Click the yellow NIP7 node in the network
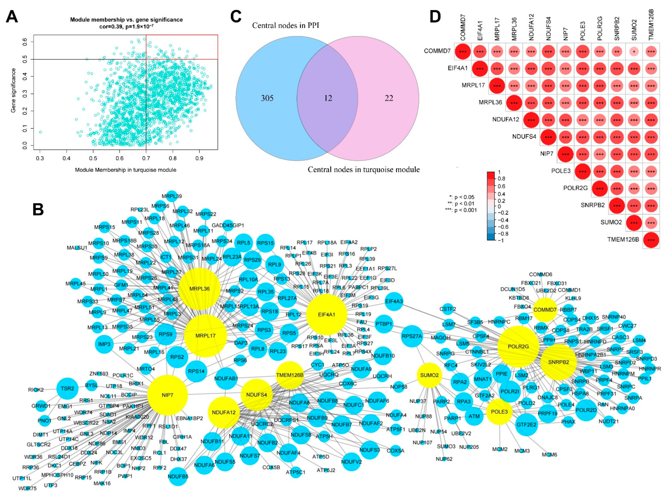tap(167, 395)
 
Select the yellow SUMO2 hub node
tap(429, 375)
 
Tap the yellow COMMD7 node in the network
tap(545, 310)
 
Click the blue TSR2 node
tap(67, 388)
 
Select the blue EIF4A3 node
tap(394, 301)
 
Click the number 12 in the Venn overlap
tap(328, 98)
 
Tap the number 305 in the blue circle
tap(267, 98)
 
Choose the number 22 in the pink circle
tap(389, 98)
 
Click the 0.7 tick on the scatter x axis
tap(146, 158)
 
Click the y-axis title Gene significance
tap(13, 90)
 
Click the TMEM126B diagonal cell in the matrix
tap(651, 240)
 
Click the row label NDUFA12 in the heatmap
tap(506, 120)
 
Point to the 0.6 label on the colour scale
tap(501, 186)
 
